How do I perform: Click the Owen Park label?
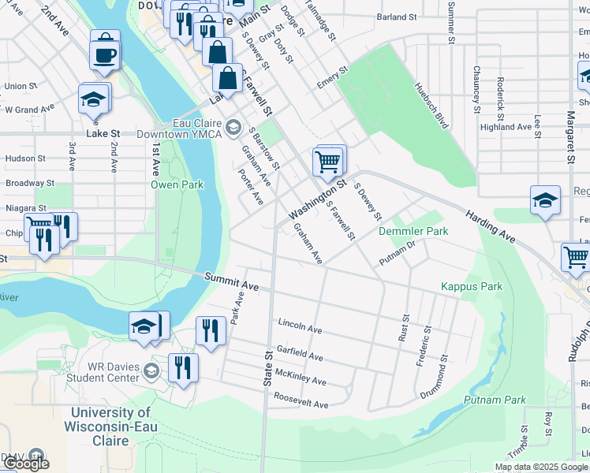tap(177, 185)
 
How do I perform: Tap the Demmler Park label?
tap(413, 232)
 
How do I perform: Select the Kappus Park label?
tap(471, 287)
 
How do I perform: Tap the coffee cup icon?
tap(105, 54)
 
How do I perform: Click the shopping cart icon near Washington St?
tap(329, 162)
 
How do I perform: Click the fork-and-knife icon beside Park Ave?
tap(209, 329)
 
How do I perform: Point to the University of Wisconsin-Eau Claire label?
tap(110, 420)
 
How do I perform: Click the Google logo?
tap(25, 464)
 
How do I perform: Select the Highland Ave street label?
tap(506, 127)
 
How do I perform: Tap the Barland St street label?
tap(396, 17)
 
